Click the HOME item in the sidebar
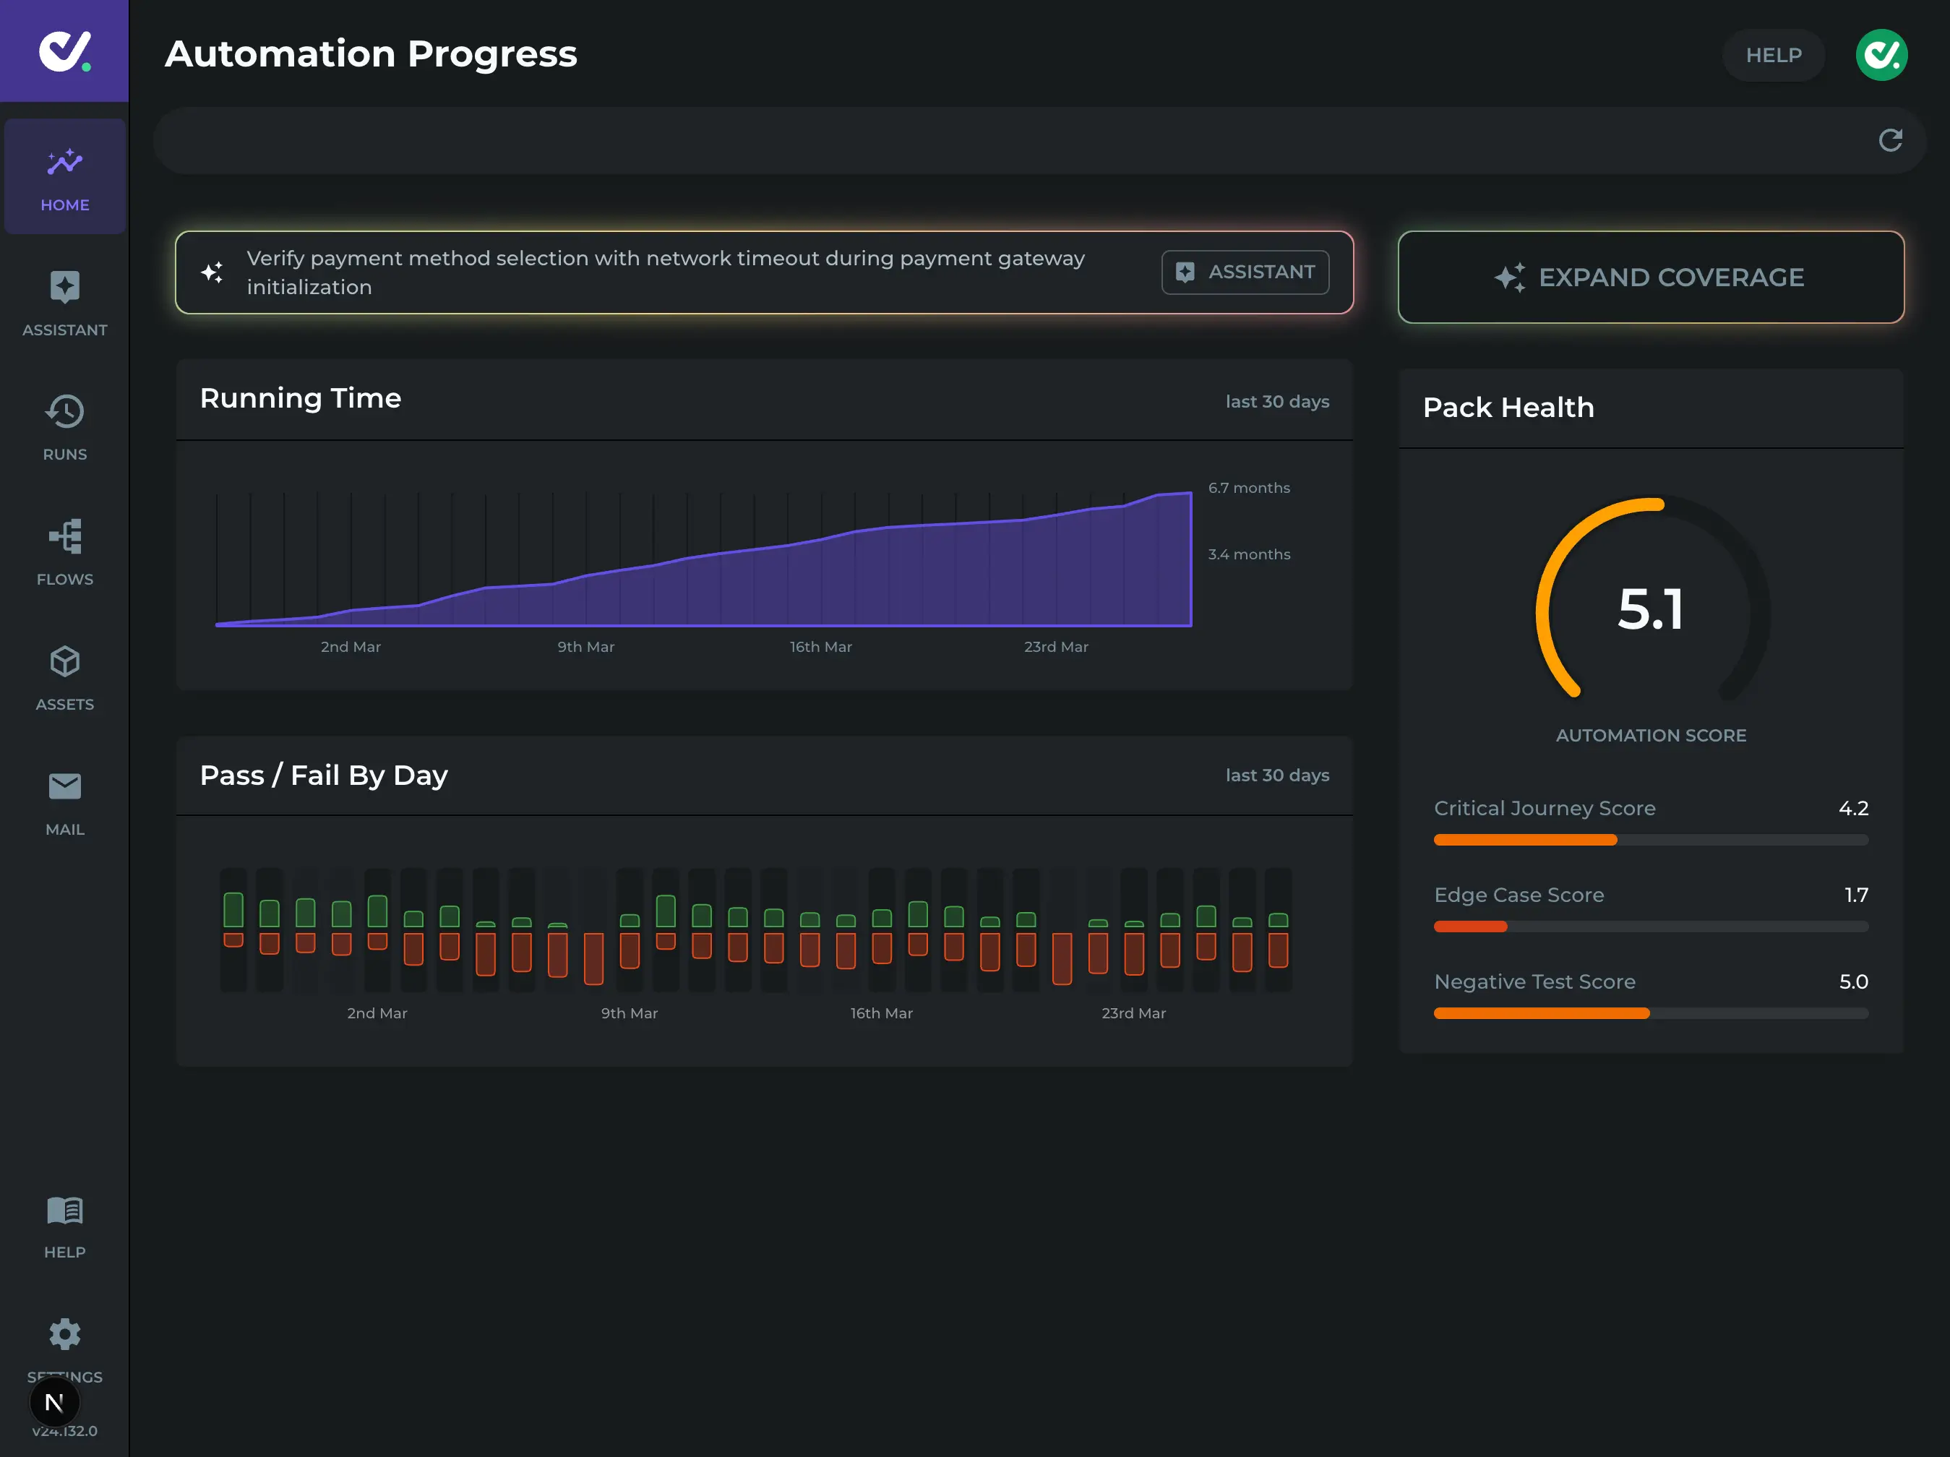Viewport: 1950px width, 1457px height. (x=64, y=177)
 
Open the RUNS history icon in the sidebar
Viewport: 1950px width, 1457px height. (x=64, y=412)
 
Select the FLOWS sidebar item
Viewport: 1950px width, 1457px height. (x=64, y=551)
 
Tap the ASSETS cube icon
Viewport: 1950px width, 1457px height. (x=64, y=662)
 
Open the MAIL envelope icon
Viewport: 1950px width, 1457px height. (x=64, y=786)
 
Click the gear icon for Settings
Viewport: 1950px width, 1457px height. (x=64, y=1334)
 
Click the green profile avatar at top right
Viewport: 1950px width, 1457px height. (x=1881, y=55)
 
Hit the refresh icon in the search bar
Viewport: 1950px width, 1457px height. (x=1890, y=140)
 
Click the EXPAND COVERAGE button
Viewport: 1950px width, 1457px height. (x=1650, y=277)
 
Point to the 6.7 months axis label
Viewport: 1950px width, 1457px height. (x=1248, y=487)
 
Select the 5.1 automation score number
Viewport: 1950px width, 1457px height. (x=1650, y=609)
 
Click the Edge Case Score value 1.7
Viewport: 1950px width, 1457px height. (x=1855, y=895)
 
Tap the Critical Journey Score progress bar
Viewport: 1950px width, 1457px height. (x=1650, y=840)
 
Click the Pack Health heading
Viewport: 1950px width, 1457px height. (x=1508, y=407)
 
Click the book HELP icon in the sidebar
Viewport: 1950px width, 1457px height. (x=64, y=1211)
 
